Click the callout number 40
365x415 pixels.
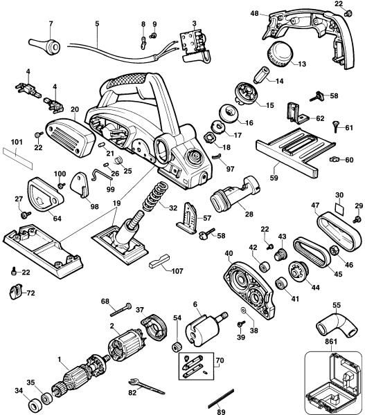pos(229,255)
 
